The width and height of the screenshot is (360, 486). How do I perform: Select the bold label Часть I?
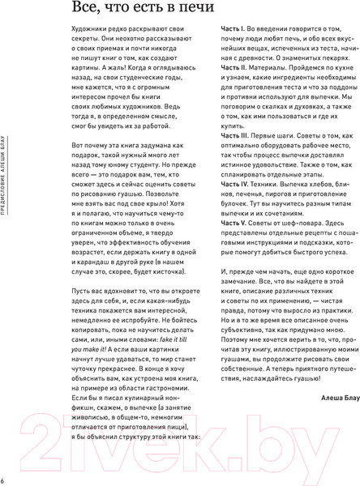click(237, 49)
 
